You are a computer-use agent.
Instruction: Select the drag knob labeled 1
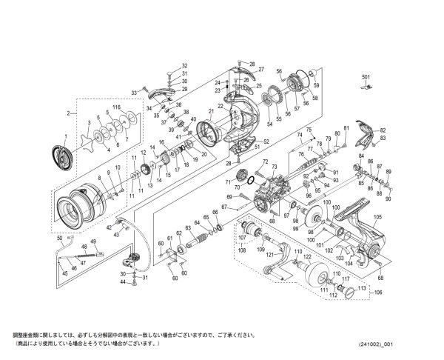click(x=59, y=156)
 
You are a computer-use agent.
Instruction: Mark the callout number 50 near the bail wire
click(x=59, y=238)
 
